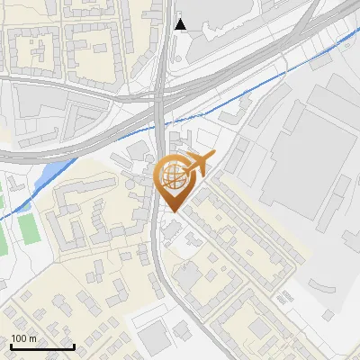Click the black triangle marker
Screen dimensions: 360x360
pos(181,24)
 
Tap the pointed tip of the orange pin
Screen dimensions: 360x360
pos(171,211)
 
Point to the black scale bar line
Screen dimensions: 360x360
pos(41,346)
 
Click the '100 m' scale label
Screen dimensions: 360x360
pos(24,338)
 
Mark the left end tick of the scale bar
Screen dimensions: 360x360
pos(11,345)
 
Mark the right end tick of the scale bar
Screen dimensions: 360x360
pos(73,345)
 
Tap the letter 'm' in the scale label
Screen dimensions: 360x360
pos(33,338)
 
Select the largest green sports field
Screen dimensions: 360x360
pos(30,229)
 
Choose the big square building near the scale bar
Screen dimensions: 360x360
pos(154,337)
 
